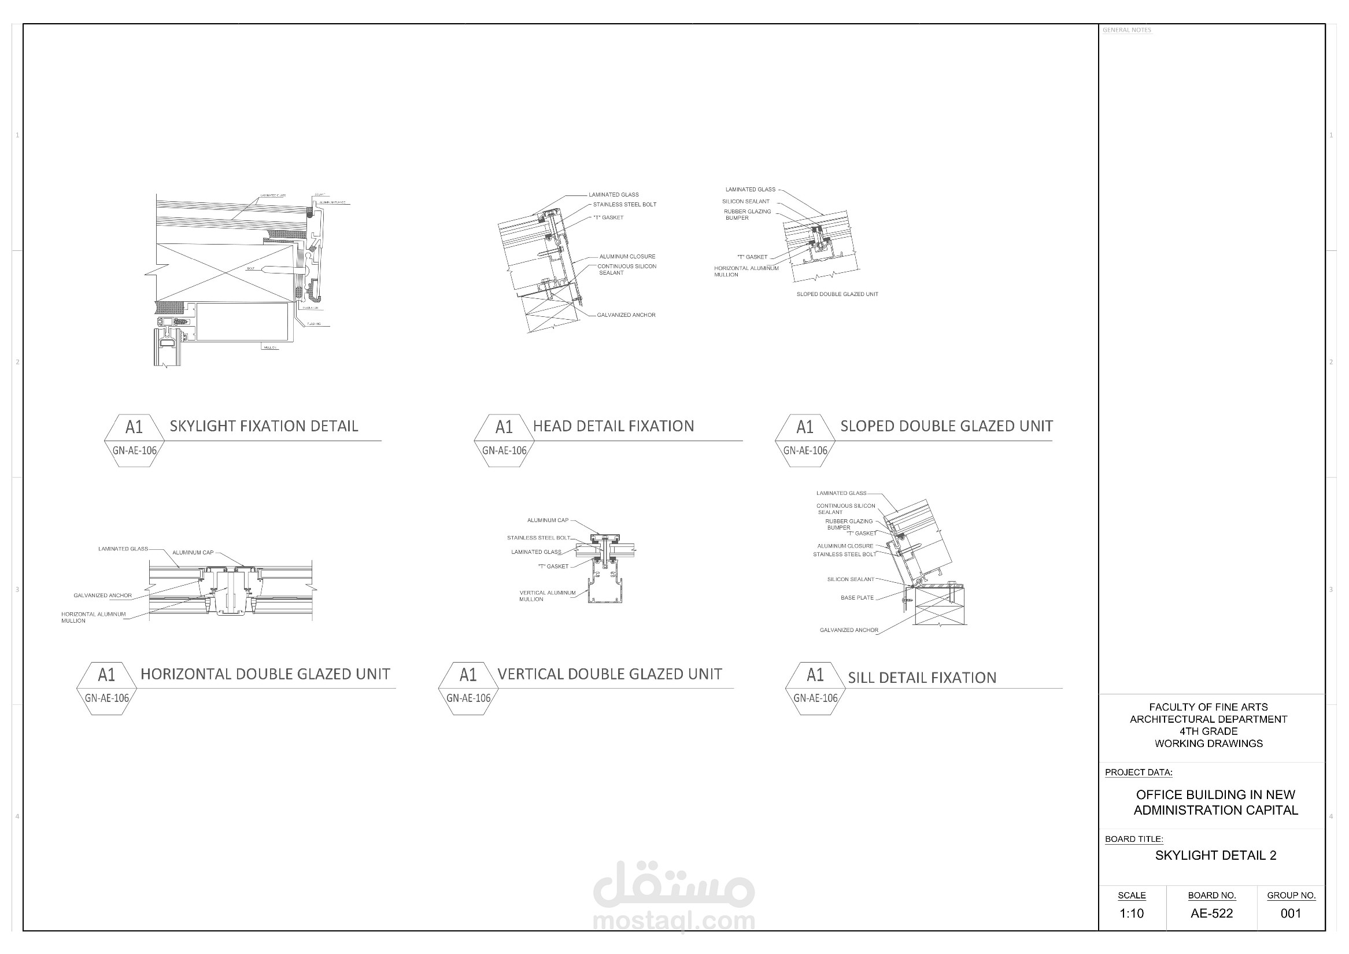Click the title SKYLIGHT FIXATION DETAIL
coord(264,426)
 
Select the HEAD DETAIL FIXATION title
coord(613,426)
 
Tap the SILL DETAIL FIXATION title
coord(922,678)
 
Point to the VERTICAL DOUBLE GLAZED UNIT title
coord(609,674)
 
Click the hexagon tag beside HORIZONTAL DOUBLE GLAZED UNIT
coord(106,689)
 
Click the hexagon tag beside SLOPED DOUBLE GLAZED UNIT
coord(805,441)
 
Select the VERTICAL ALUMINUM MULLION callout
coord(547,596)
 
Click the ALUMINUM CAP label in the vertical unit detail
coord(548,520)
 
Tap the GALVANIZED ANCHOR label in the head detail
coord(626,315)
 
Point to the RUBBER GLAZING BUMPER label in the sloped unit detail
coord(746,215)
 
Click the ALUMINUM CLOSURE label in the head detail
coord(627,257)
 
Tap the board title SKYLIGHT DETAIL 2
coord(1215,855)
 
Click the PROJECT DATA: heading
coord(1138,772)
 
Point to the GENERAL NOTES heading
coord(1126,30)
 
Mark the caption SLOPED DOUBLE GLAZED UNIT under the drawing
coord(837,294)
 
